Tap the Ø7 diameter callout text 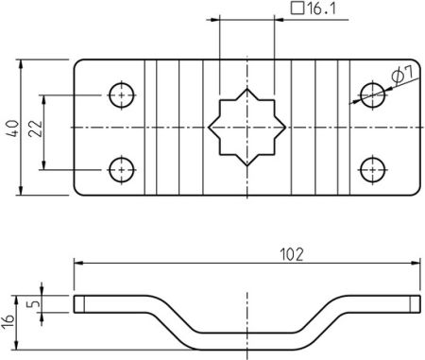tap(399, 76)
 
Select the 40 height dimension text tap(10, 128)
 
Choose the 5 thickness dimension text tap(34, 304)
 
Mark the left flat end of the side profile tap(104, 303)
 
